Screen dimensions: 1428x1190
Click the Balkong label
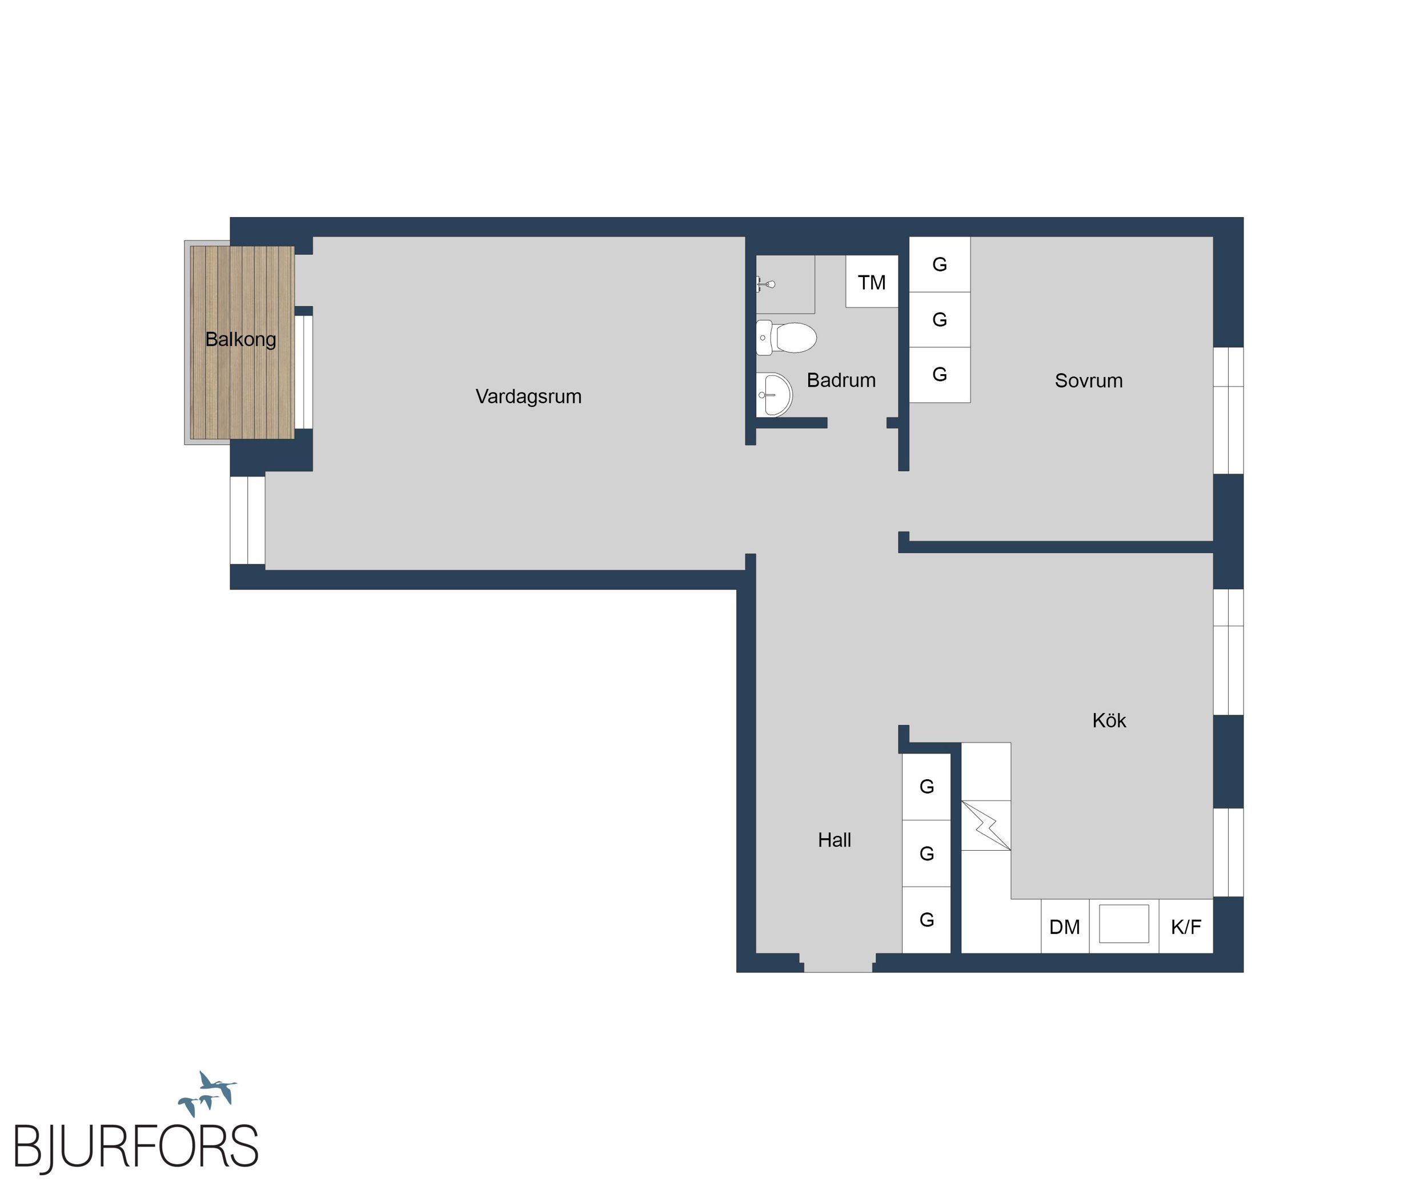[240, 339]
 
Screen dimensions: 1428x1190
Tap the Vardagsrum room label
[528, 396]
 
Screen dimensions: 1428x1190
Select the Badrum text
[841, 380]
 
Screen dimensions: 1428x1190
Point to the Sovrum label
[1089, 381]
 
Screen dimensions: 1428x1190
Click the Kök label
[1109, 720]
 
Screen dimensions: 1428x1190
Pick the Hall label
[835, 840]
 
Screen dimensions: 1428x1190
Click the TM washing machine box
[872, 282]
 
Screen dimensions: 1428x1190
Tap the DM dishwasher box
[1065, 926]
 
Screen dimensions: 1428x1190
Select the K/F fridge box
[1186, 926]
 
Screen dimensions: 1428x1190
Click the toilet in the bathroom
[786, 337]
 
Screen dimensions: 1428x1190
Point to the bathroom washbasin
[774, 394]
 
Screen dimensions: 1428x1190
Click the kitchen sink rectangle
[1124, 923]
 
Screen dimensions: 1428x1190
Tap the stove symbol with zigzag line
[986, 826]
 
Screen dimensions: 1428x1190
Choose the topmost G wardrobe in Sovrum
[940, 265]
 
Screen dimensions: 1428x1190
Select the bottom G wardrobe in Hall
[926, 920]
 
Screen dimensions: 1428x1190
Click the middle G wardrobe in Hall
[926, 854]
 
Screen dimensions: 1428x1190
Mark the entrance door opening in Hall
[838, 963]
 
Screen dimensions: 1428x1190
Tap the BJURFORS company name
[136, 1147]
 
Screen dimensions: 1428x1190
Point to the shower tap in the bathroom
[765, 283]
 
